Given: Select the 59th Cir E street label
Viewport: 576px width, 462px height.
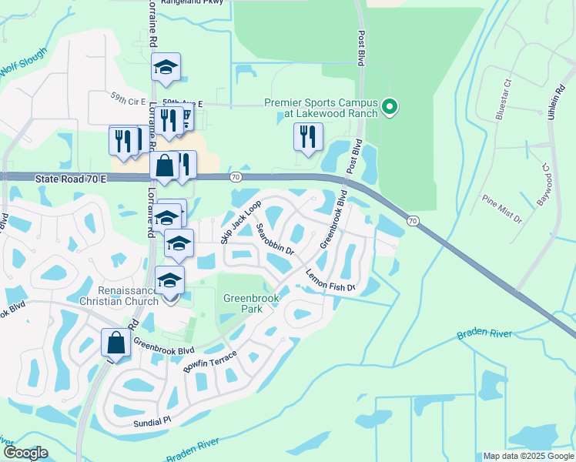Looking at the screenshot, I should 128,99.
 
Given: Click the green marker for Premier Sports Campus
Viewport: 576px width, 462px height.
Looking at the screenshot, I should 390,107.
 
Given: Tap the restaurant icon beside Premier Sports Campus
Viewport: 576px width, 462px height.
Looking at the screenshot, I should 307,137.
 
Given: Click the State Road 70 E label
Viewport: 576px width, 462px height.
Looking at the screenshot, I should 69,178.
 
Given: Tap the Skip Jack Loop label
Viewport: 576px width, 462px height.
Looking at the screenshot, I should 241,222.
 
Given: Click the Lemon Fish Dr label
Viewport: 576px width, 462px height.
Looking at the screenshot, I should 330,279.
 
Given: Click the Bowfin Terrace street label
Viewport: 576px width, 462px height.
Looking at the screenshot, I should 212,360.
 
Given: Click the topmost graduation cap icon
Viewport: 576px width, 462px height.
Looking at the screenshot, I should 166,67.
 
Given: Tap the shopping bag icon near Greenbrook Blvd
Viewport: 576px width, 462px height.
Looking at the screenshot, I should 116,342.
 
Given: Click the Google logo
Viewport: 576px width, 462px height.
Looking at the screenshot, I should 25,453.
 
